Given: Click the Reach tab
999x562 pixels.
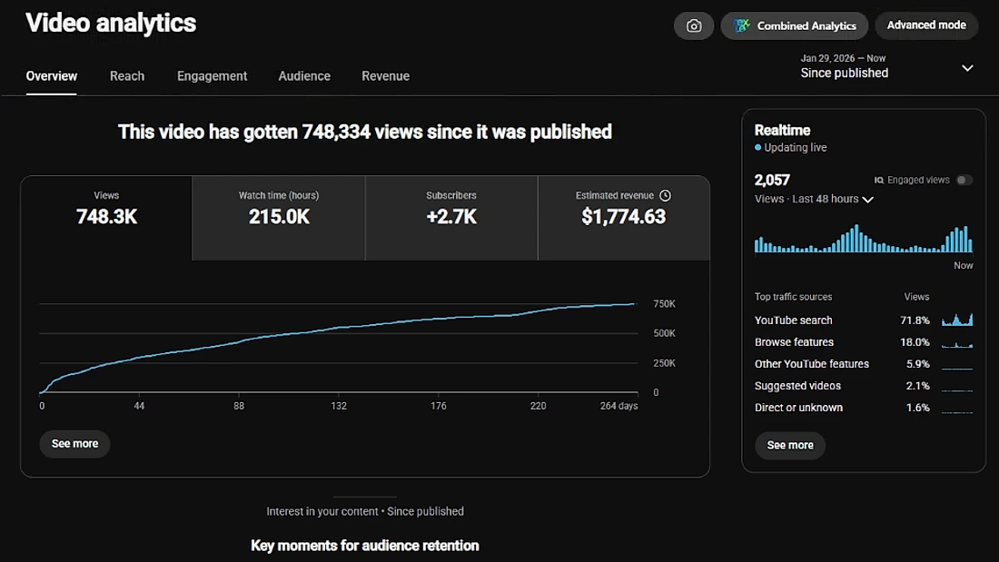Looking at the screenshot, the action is pyautogui.click(x=127, y=76).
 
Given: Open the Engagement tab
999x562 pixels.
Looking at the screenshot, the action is pyautogui.click(x=213, y=76).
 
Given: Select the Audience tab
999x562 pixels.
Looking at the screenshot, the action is pyautogui.click(x=304, y=76).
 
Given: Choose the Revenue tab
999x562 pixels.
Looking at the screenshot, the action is pyautogui.click(x=385, y=76).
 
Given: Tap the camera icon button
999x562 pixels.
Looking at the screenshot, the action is pyautogui.click(x=694, y=25).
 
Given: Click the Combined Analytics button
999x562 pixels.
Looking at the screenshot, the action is pyautogui.click(x=795, y=25).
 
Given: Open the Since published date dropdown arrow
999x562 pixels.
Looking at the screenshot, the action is pyautogui.click(x=967, y=68).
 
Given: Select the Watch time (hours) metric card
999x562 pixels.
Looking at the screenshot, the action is pyautogui.click(x=279, y=218).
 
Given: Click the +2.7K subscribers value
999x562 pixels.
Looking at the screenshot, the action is pyautogui.click(x=451, y=217).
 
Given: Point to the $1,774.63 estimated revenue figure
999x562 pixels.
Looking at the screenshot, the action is pyautogui.click(x=623, y=217).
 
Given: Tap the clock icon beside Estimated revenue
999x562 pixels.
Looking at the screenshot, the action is pyautogui.click(x=665, y=195).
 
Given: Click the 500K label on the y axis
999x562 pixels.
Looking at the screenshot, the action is pyautogui.click(x=664, y=333).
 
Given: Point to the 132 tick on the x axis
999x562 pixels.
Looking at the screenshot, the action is pyautogui.click(x=339, y=406).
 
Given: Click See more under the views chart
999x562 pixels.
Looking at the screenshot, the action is pyautogui.click(x=74, y=443).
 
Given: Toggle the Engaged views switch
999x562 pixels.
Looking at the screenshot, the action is pyautogui.click(x=964, y=180).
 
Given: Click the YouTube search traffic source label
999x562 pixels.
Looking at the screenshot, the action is pyautogui.click(x=793, y=320).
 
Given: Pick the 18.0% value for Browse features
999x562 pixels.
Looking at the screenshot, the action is pyautogui.click(x=915, y=342).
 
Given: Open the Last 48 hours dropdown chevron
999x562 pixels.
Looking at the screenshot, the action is pyautogui.click(x=867, y=200).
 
